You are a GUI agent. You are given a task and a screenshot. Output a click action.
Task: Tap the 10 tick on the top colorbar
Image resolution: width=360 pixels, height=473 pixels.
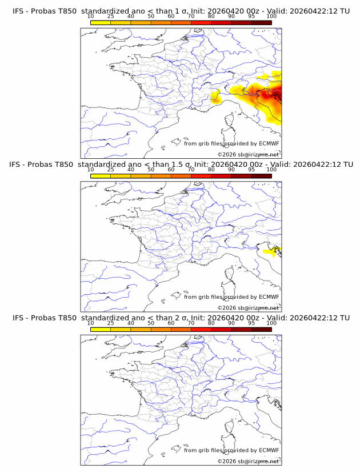point(91,17)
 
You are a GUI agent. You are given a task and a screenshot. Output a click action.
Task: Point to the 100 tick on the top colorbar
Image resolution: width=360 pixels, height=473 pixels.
point(271,17)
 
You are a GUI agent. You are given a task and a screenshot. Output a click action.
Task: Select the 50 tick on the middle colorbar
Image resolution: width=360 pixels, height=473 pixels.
point(151,170)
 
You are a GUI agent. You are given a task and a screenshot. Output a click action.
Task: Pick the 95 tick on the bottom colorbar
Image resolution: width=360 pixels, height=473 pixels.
point(251,323)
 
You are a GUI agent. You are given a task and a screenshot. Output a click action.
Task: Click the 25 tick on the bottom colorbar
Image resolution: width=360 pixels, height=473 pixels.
point(111,323)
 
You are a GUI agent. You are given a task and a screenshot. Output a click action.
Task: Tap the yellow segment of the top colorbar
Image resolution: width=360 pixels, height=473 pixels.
point(101,23)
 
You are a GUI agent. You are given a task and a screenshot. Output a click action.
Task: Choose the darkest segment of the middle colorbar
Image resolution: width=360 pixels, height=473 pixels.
point(261,176)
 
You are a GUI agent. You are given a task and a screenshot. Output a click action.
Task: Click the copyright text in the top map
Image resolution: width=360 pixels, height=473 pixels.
point(248,154)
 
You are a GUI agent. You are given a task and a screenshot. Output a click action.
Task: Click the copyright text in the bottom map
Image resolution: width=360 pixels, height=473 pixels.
point(248,460)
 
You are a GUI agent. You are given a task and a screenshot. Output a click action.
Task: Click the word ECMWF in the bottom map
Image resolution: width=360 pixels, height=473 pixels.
point(269,450)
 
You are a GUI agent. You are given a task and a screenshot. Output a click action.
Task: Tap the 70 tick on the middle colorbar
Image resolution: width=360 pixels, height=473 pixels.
point(191,170)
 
